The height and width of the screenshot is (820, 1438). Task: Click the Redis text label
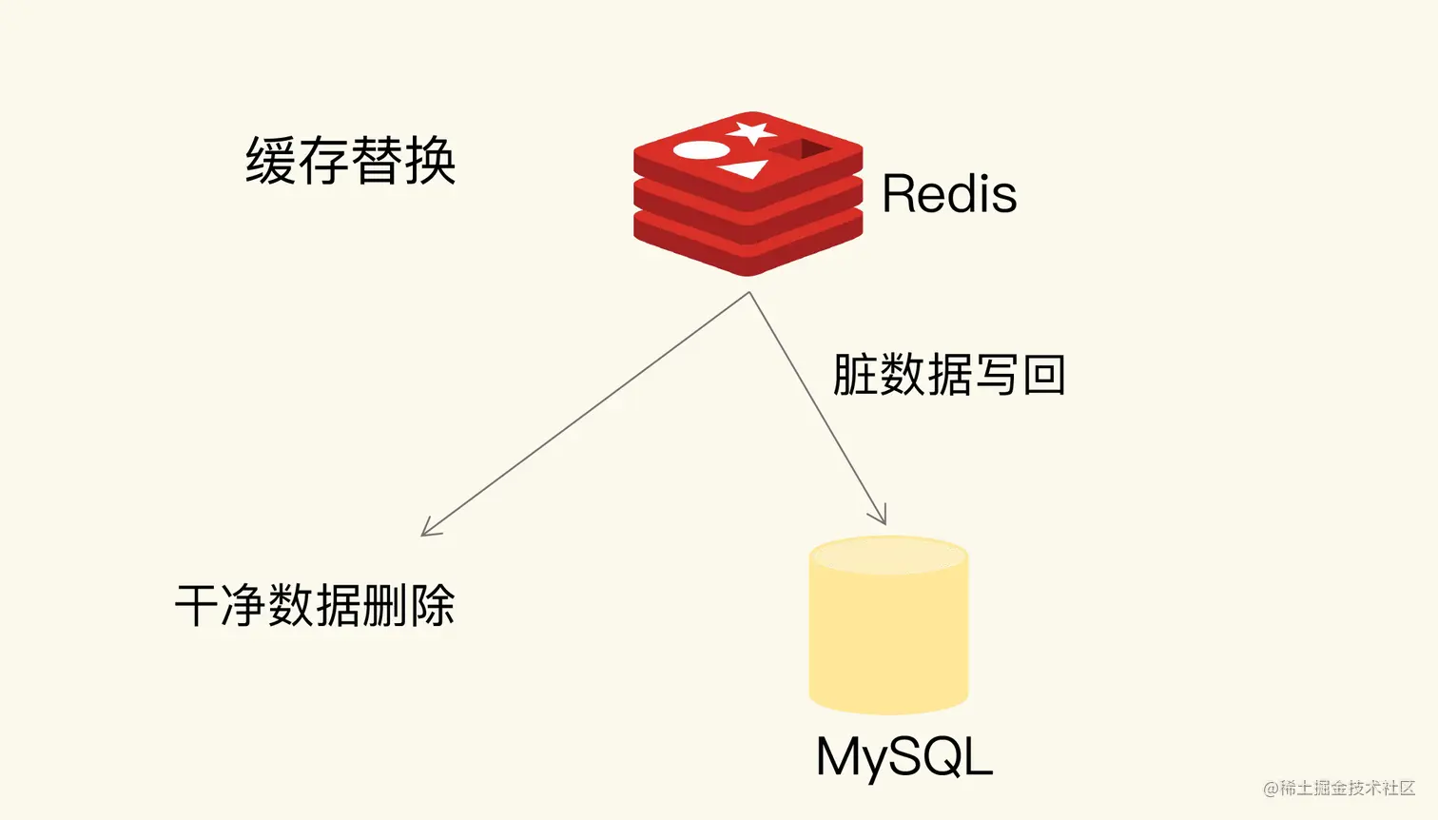(x=948, y=194)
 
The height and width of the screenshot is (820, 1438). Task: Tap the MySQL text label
(x=904, y=758)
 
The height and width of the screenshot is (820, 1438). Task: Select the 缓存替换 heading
(x=351, y=161)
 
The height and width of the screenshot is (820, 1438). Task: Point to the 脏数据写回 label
(x=948, y=374)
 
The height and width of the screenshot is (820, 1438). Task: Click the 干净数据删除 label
(x=315, y=605)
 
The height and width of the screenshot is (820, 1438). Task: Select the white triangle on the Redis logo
(x=745, y=169)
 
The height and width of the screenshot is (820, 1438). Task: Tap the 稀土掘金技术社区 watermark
(x=1339, y=788)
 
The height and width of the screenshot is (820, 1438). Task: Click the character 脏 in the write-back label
(x=854, y=374)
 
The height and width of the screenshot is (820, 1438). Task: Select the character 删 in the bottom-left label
(x=385, y=605)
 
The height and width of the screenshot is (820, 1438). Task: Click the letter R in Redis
(x=899, y=194)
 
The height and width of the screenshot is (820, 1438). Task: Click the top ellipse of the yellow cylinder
(x=888, y=556)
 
